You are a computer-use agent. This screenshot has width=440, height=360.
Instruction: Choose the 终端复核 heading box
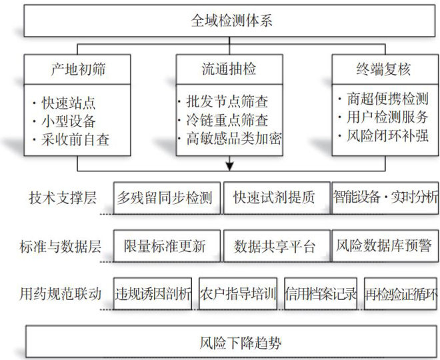tap(383, 69)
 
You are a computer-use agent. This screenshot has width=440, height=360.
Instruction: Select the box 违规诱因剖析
tap(153, 294)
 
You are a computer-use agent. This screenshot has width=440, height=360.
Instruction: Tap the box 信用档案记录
tap(322, 294)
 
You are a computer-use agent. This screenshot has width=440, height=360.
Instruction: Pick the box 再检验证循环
tap(401, 294)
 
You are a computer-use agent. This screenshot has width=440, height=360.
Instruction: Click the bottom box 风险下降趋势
tap(230, 343)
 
